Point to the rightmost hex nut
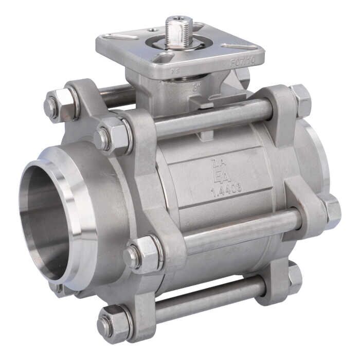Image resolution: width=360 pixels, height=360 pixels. point(331,211)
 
